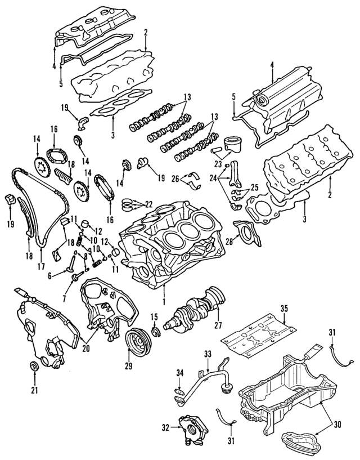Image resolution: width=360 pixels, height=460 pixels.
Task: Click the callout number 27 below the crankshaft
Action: tap(217, 325)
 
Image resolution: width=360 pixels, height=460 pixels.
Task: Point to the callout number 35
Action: tap(283, 308)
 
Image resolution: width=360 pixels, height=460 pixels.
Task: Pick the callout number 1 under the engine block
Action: tap(163, 302)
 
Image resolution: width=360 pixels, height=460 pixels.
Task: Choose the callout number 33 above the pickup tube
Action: tap(208, 354)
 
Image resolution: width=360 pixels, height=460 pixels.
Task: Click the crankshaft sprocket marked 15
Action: tap(155, 333)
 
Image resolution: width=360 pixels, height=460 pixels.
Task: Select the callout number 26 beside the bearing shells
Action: tap(174, 179)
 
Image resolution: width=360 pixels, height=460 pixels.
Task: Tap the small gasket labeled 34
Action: tap(179, 391)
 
